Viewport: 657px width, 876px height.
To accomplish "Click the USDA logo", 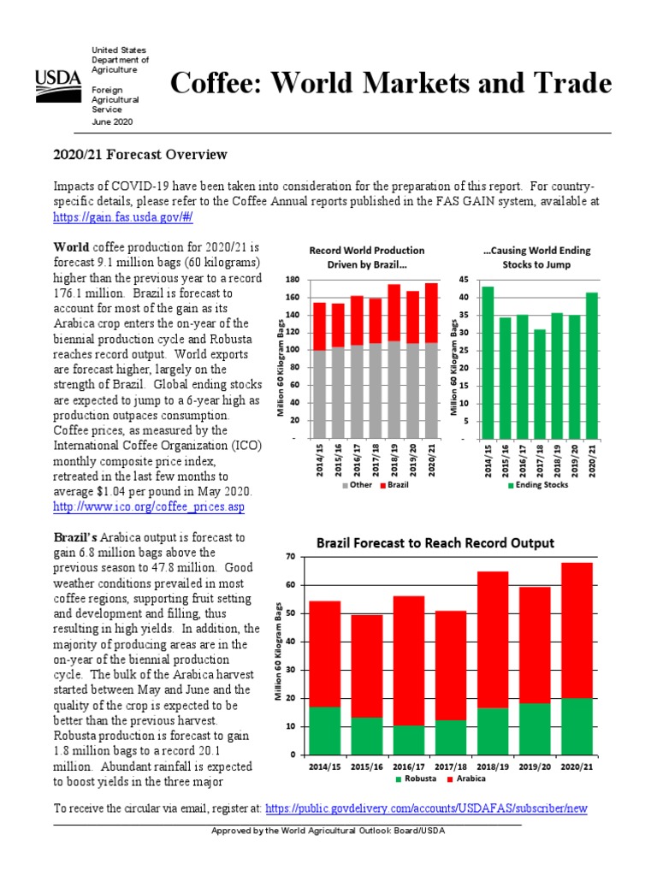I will pyautogui.click(x=57, y=84).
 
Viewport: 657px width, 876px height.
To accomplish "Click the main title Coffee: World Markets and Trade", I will pyautogui.click(x=391, y=84).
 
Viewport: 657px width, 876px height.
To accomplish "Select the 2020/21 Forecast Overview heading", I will pyautogui.click(x=140, y=155).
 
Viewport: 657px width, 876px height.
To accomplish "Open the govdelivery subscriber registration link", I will pyautogui.click(x=426, y=808).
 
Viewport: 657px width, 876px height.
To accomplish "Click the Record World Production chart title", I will pyautogui.click(x=366, y=257).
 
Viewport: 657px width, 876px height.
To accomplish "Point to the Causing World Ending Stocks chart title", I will pyautogui.click(x=536, y=257).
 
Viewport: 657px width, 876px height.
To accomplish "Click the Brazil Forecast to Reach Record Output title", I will pyautogui.click(x=435, y=543).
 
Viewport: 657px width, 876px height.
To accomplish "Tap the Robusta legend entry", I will pyautogui.click(x=417, y=780).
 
